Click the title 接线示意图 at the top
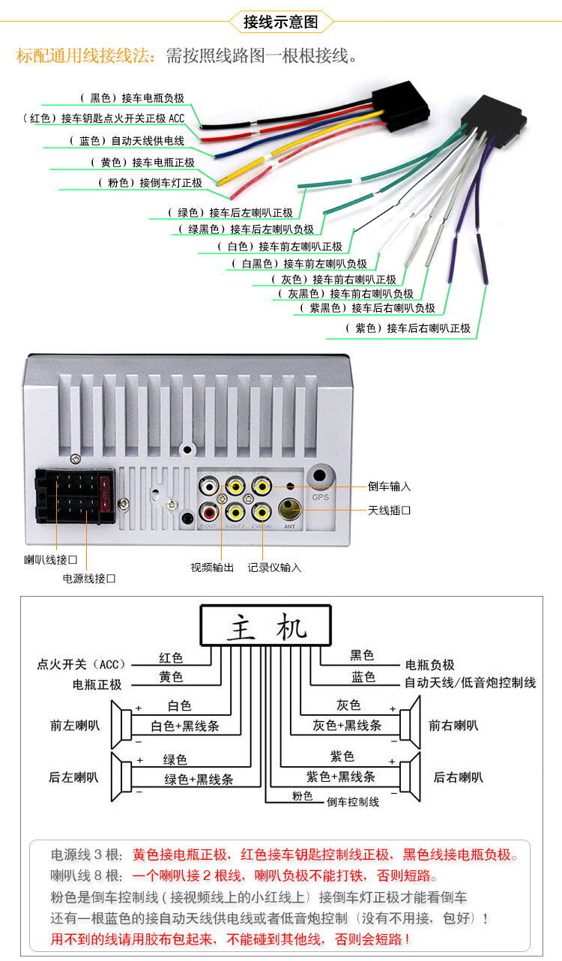pyautogui.click(x=280, y=22)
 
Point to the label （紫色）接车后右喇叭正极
pyautogui.click(x=408, y=328)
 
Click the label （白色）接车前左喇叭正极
pyautogui.click(x=279, y=247)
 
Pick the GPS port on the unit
pyautogui.click(x=321, y=477)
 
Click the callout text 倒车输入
pyautogui.click(x=389, y=486)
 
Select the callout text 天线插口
pyautogui.click(x=389, y=510)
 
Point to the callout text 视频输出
pyautogui.click(x=212, y=567)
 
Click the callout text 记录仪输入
pyautogui.click(x=274, y=567)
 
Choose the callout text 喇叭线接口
pyautogui.click(x=50, y=560)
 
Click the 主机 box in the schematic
pyautogui.click(x=265, y=627)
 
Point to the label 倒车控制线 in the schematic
pyautogui.click(x=352, y=801)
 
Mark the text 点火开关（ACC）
pyautogui.click(x=83, y=664)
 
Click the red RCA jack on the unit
pyautogui.click(x=209, y=512)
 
